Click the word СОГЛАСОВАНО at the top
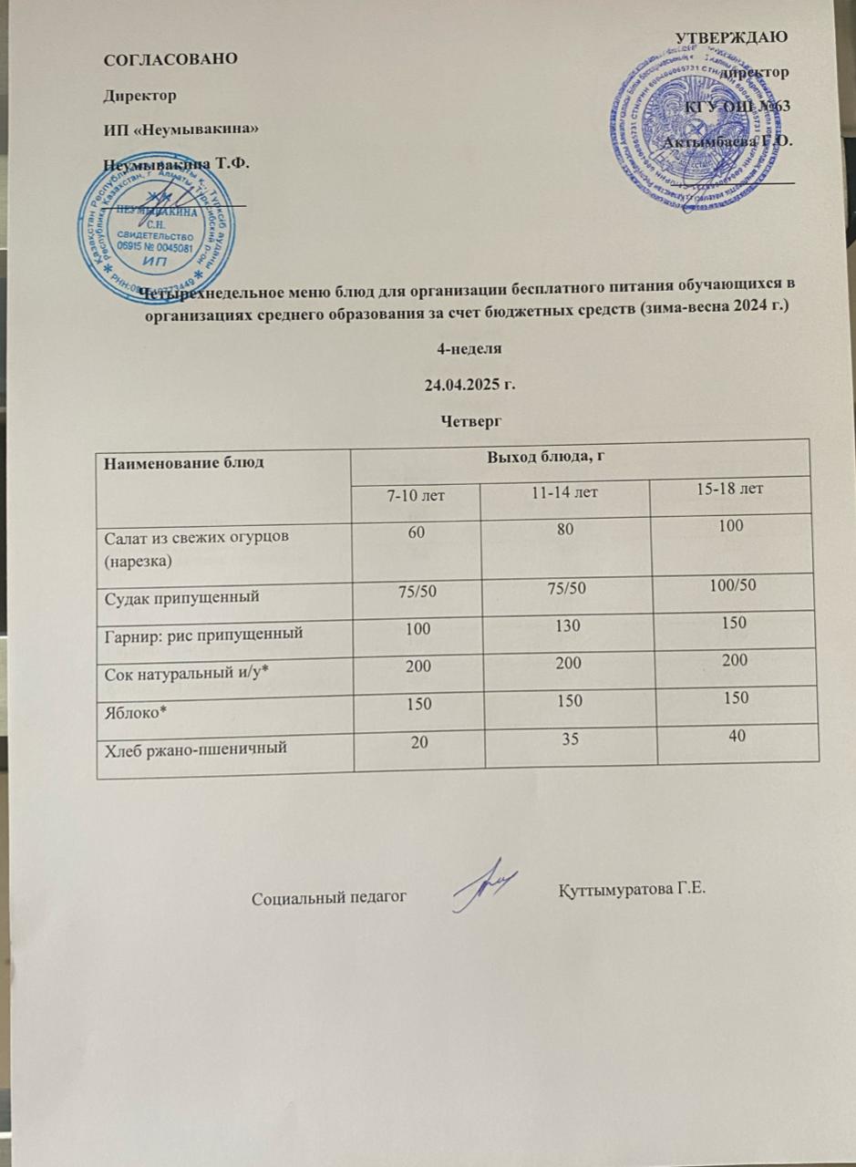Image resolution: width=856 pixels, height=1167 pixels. click(x=171, y=58)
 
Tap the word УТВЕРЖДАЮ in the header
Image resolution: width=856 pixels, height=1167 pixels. click(x=732, y=37)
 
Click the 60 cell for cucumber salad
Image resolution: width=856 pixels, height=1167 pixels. click(x=416, y=531)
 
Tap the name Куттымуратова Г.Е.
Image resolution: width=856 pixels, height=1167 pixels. click(x=632, y=890)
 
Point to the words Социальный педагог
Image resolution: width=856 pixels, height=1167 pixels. click(x=327, y=897)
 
